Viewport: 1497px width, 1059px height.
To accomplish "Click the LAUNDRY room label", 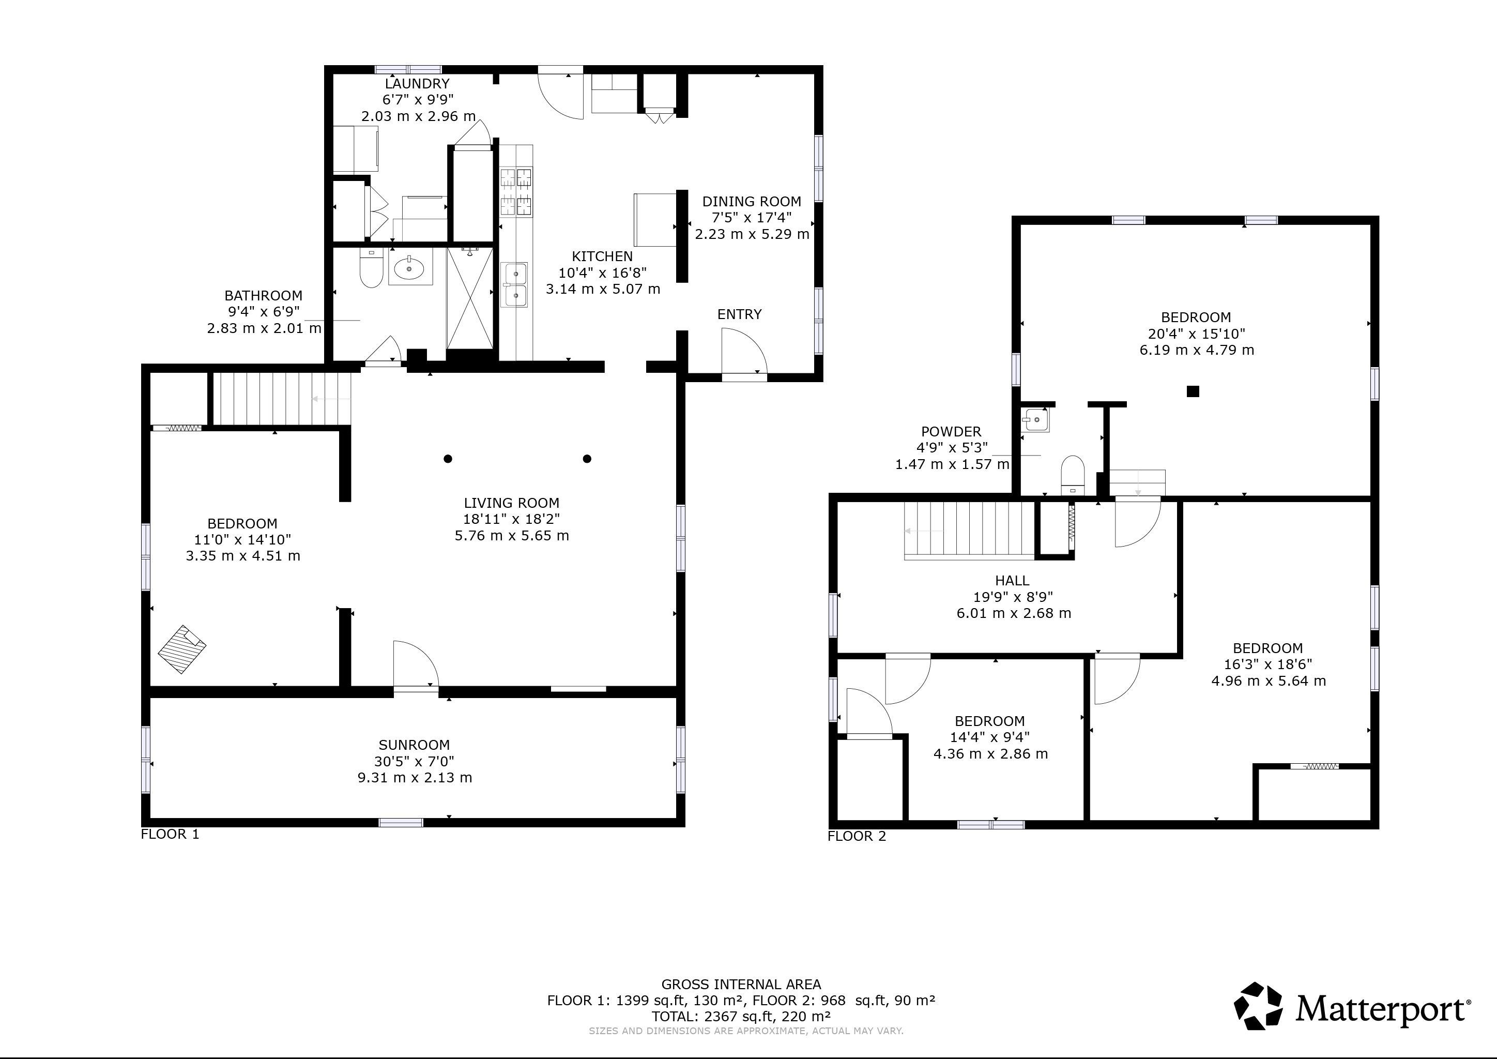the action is tap(417, 83).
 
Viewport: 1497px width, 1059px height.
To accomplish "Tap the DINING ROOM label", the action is tap(751, 202).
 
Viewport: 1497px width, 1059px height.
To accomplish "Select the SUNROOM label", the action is tap(414, 745).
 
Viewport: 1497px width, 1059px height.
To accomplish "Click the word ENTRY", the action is tap(739, 314).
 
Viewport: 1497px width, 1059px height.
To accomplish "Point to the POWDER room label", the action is tap(951, 431).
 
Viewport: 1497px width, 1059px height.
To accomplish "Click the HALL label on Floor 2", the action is tap(1013, 580).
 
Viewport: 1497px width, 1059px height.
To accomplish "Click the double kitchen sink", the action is tap(514, 284).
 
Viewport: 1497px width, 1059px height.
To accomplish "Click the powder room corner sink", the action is tap(1035, 419).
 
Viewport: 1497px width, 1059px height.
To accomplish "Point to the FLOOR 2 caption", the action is tap(857, 837).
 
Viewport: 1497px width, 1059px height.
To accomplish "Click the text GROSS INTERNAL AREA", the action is tap(741, 984).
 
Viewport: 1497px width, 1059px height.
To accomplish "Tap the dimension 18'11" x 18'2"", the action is tap(512, 519).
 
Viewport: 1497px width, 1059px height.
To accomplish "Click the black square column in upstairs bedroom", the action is tap(1193, 391).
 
